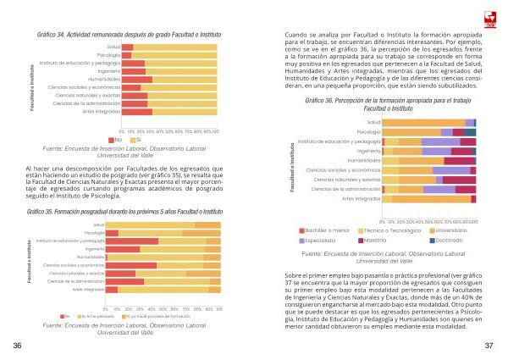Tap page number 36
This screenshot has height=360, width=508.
click(17, 346)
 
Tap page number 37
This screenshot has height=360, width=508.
click(489, 346)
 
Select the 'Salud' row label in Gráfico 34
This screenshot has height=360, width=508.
click(113, 47)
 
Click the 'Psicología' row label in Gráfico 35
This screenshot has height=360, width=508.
click(94, 232)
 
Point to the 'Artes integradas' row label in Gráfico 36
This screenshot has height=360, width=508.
click(361, 199)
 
